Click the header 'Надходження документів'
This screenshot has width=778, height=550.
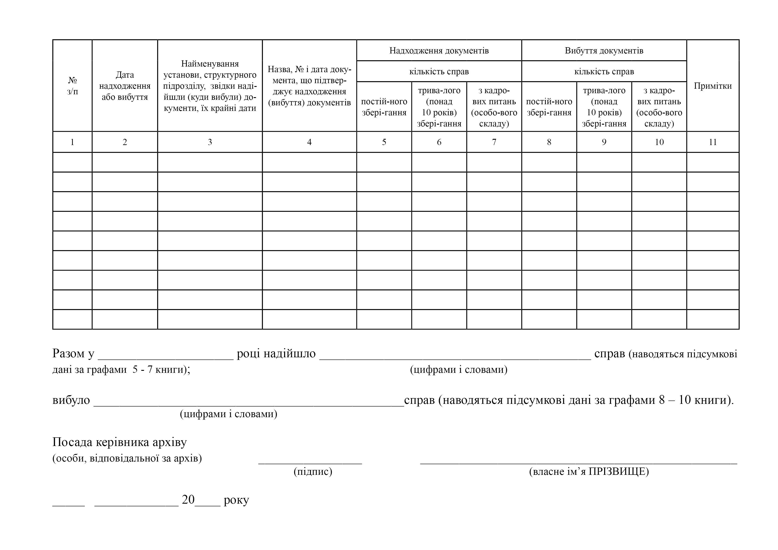439,51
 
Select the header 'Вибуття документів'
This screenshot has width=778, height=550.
604,51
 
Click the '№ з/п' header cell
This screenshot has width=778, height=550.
73,86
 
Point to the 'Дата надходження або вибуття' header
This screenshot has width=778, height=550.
125,86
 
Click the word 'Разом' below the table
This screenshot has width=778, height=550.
69,354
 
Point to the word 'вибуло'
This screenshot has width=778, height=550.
71,401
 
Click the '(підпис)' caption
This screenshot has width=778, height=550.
313,472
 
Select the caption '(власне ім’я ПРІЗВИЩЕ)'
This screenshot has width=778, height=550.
589,472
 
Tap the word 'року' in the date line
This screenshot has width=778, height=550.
236,500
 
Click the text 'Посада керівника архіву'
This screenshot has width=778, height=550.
120,442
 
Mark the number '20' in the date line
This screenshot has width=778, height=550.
188,500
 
